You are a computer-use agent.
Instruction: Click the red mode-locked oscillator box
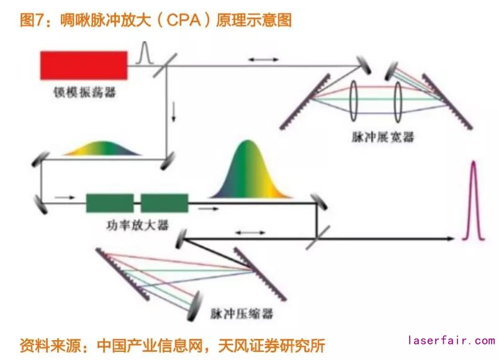pos(84,65)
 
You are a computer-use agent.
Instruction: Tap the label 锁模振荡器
pos(84,92)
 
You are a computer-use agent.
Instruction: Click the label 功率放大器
pos(138,224)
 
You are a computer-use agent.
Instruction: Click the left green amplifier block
pos(109,202)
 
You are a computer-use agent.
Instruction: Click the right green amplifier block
pos(164,202)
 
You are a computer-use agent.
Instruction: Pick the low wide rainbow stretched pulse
pos(103,148)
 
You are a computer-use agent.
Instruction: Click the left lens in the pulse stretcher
pos(354,99)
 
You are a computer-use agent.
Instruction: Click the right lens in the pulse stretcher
pos(397,99)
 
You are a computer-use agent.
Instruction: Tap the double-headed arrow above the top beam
pos(263,59)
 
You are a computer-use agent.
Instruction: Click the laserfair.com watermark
pos(451,341)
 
